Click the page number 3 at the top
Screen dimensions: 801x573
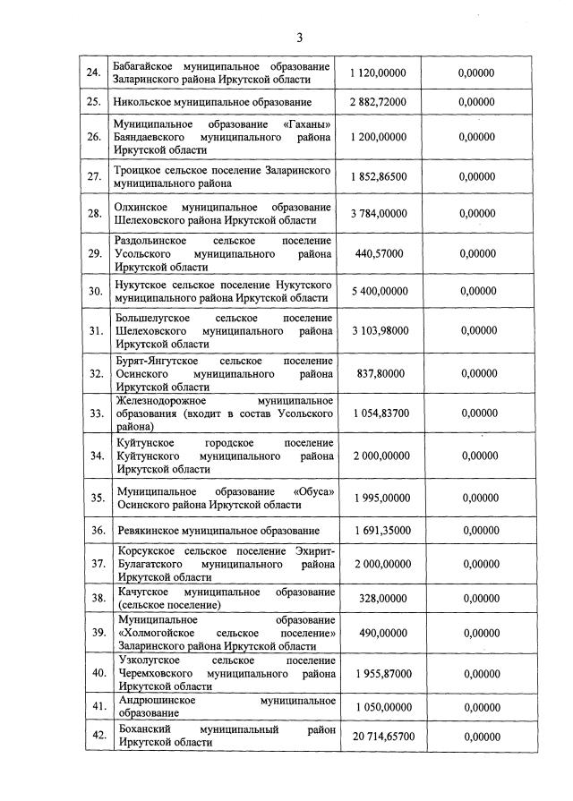coord(300,38)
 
